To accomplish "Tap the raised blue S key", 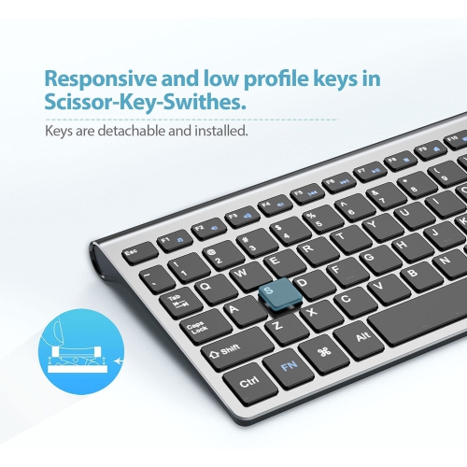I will (271, 293).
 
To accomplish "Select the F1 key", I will (167, 240).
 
